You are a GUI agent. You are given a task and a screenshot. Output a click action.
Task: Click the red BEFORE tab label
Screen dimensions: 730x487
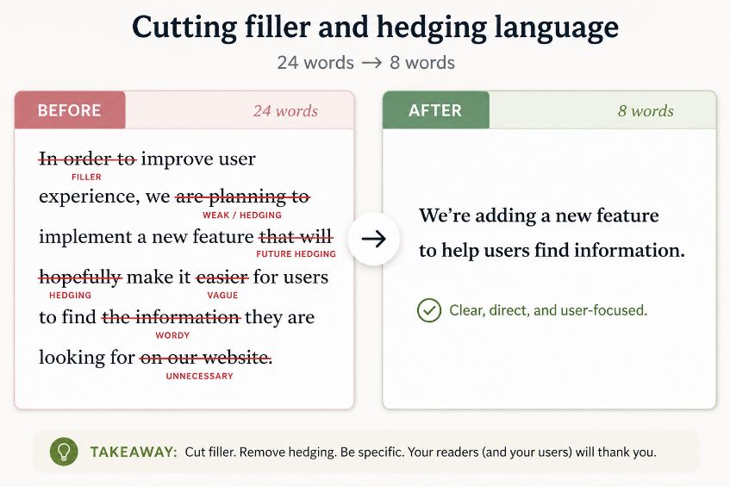pyautogui.click(x=69, y=110)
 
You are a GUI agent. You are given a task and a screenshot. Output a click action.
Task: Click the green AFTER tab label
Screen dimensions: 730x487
pyautogui.click(x=435, y=110)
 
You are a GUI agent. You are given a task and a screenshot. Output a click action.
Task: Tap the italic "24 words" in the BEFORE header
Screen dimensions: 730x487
pyautogui.click(x=286, y=111)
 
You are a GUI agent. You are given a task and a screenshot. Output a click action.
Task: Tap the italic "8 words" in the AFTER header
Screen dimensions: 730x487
pyautogui.click(x=646, y=111)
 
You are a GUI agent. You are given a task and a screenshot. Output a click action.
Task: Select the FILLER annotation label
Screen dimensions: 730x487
pyautogui.click(x=86, y=177)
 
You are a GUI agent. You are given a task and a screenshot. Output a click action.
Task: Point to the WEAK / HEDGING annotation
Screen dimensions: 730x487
pyautogui.click(x=242, y=215)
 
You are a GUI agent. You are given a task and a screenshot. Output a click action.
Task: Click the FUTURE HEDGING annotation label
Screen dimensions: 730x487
pyautogui.click(x=296, y=253)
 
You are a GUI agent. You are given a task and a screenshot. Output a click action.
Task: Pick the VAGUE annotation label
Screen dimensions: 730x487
pyautogui.click(x=222, y=295)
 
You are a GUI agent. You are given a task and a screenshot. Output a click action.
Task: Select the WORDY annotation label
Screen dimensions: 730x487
pyautogui.click(x=172, y=335)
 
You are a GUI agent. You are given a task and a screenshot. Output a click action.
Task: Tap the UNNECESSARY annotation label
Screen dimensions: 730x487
pyautogui.click(x=200, y=376)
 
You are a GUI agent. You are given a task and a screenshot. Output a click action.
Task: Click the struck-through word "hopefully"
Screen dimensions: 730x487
pyautogui.click(x=80, y=278)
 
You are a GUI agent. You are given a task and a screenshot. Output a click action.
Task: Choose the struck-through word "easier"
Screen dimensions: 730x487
pyautogui.click(x=222, y=278)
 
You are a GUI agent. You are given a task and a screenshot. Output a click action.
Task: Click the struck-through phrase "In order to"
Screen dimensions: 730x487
pyautogui.click(x=87, y=159)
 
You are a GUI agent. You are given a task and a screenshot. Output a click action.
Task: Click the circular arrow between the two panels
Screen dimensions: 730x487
pyautogui.click(x=373, y=239)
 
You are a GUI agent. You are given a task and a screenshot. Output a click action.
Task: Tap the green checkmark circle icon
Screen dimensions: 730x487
pyautogui.click(x=429, y=310)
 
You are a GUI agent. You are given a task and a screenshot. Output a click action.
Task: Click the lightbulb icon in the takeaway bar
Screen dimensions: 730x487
pyautogui.click(x=64, y=452)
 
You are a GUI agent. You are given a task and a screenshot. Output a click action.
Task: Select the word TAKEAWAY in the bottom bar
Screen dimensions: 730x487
pyautogui.click(x=133, y=452)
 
